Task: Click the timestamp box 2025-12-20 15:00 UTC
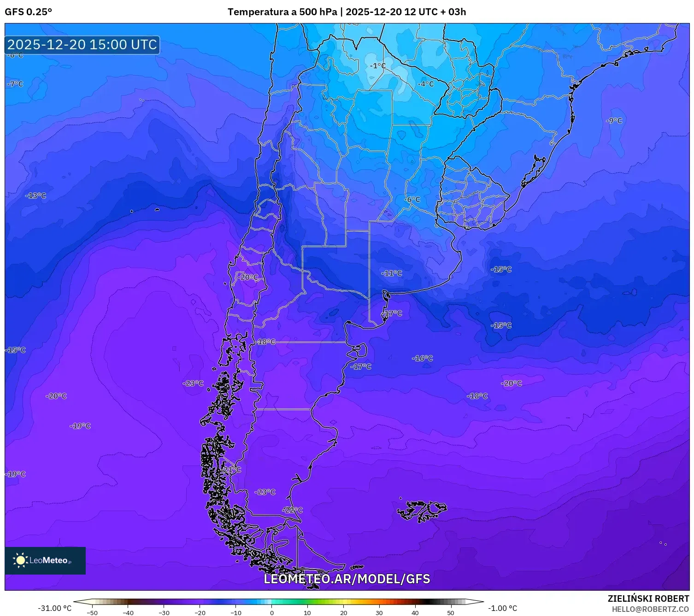82,45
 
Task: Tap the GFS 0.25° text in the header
28,12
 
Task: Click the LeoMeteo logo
45,560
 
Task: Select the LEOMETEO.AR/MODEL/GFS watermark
347,579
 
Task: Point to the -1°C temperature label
378,66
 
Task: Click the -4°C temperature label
426,84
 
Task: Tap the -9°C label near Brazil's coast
614,121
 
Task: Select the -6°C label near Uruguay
412,199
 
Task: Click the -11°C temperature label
391,273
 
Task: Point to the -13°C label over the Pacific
36,196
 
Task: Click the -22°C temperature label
293,510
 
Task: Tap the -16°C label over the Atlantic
423,358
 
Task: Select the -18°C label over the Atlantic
477,396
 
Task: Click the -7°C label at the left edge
15,84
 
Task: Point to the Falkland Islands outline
422,510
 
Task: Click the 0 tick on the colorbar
271,612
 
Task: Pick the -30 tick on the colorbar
164,612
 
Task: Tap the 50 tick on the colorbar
451,612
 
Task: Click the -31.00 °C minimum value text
54,608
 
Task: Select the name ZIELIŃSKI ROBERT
648,599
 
